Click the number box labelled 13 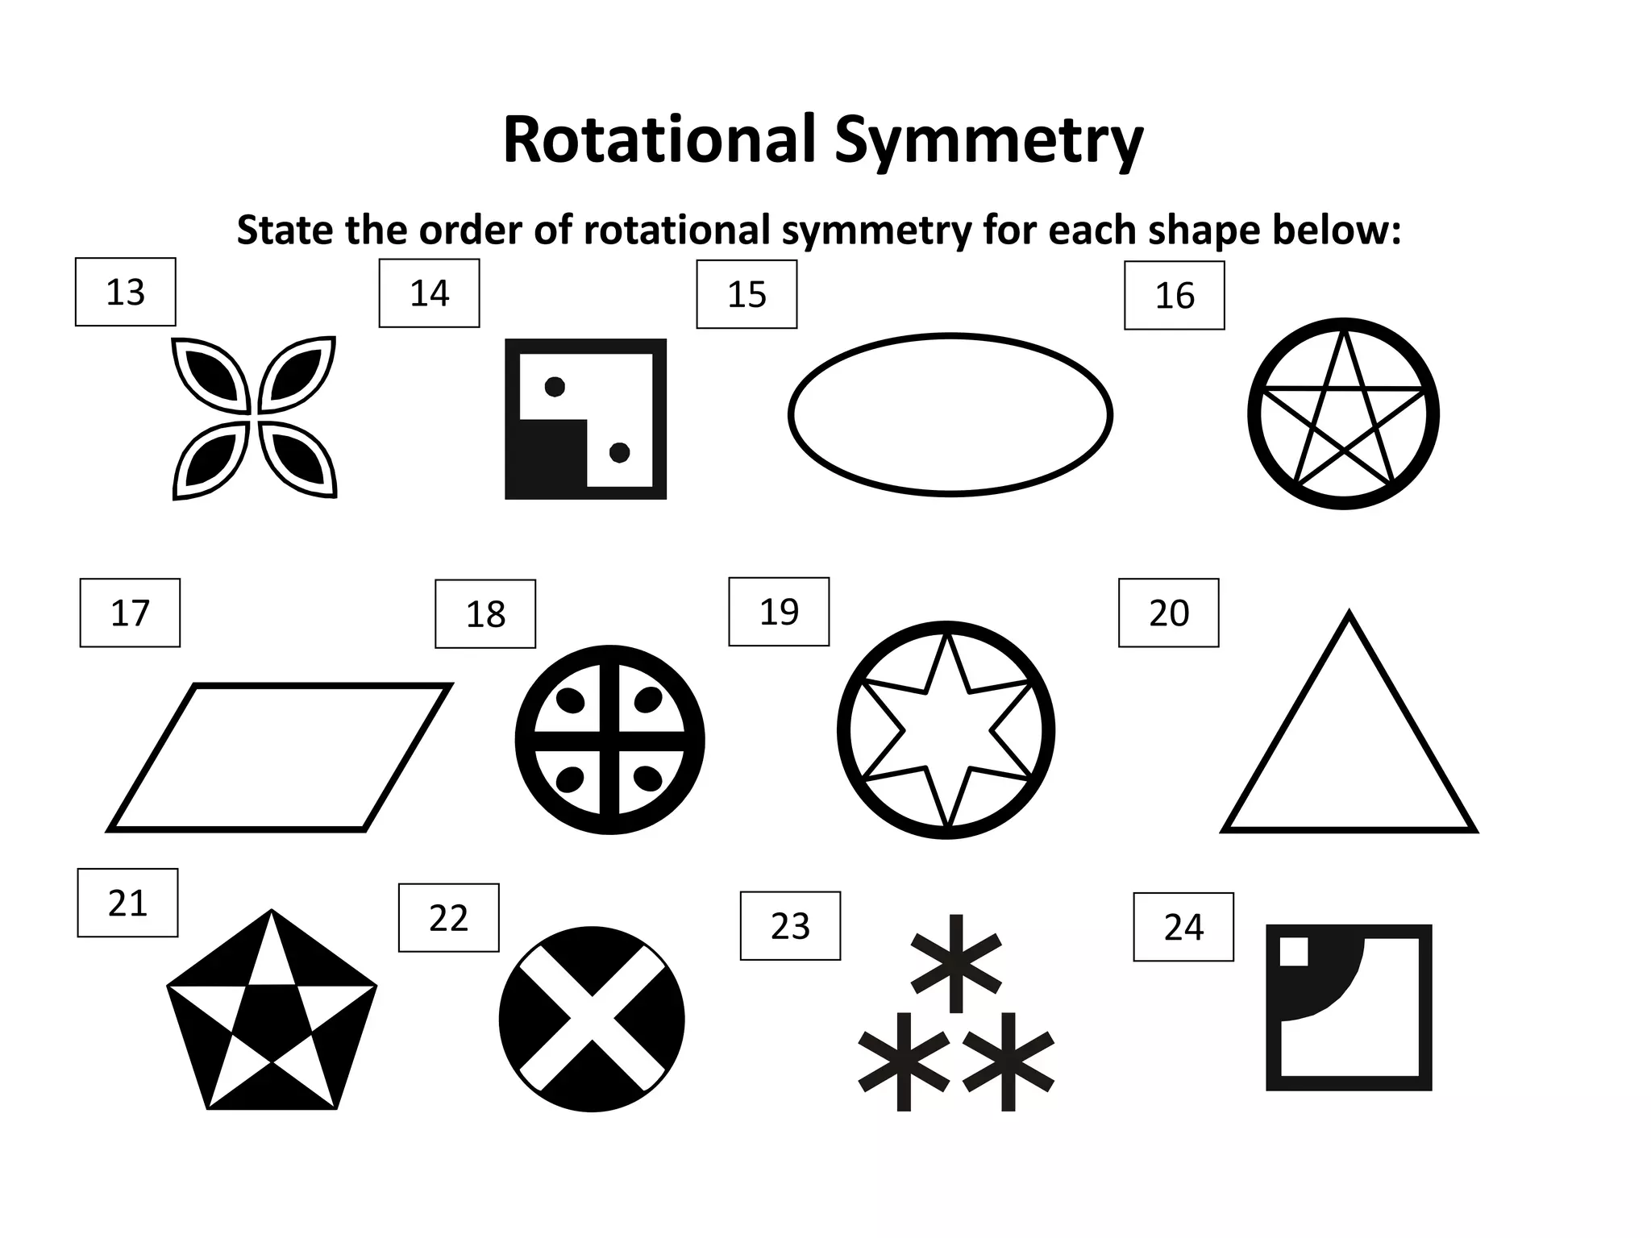125,292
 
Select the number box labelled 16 1174,295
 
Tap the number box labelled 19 779,612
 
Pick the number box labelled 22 448,918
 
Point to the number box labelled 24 1183,927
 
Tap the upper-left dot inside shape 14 555,387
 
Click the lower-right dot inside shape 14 619,453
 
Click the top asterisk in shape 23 956,962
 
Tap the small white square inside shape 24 1294,952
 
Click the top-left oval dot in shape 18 571,700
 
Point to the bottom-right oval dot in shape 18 648,779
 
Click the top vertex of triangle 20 1349,615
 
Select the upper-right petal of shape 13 297,374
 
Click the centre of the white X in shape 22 592,1019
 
